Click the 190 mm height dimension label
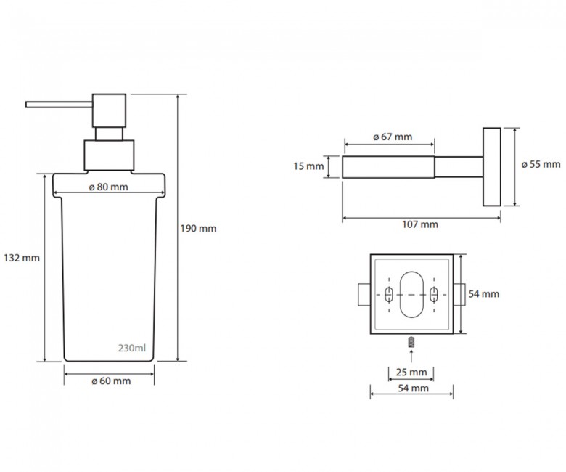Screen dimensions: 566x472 198,229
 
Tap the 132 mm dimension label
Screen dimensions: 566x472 22,259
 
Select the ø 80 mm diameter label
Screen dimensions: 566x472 109,187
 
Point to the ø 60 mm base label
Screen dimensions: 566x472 111,381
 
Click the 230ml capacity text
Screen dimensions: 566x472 132,348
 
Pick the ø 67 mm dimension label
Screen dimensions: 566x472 393,137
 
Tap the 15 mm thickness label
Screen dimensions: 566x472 308,166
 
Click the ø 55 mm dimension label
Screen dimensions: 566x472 541,165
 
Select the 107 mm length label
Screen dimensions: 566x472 420,224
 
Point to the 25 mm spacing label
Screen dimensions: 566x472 411,373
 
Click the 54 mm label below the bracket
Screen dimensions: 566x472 414,388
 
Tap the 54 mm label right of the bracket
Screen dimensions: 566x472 484,294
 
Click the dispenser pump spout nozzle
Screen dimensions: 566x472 60,105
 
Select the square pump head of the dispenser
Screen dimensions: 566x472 109,110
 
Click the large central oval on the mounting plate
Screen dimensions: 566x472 411,295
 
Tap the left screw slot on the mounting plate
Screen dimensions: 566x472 389,295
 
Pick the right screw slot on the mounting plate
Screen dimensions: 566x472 434,295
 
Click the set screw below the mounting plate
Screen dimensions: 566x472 411,342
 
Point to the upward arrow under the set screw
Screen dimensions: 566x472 411,356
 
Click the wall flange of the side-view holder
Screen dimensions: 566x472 492,167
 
